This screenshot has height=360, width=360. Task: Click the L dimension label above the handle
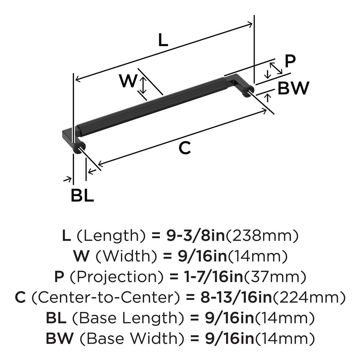(163, 41)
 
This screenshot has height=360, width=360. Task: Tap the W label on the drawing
(127, 82)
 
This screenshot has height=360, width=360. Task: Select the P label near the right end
(290, 61)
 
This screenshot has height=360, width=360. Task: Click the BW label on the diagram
(293, 88)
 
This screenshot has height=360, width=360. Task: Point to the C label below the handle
(184, 148)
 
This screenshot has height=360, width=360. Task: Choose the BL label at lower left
(82, 196)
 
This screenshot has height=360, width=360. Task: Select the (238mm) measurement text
(262, 236)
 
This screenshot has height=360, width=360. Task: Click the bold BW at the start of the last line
(60, 339)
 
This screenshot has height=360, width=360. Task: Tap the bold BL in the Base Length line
(56, 319)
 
